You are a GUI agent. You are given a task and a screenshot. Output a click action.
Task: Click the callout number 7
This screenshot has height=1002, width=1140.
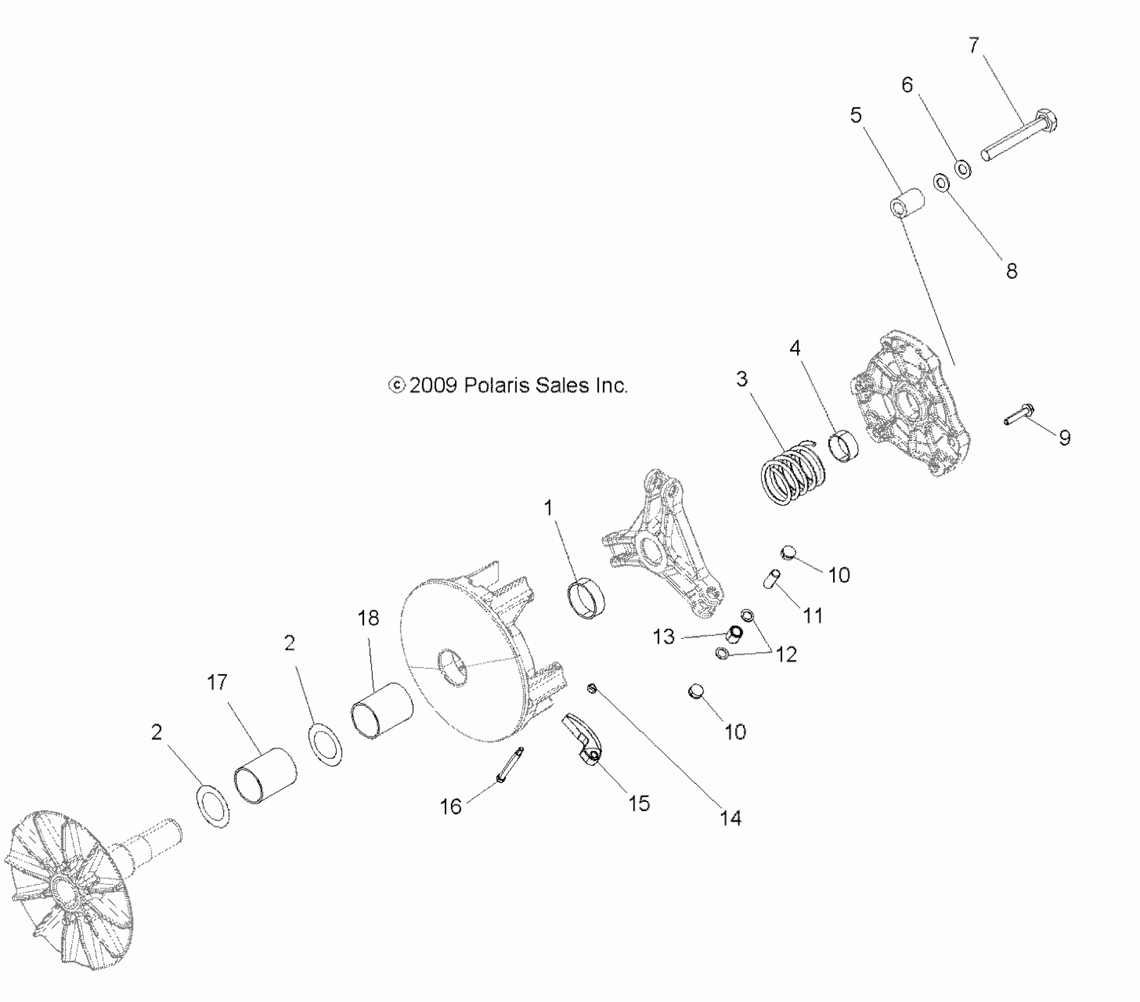pyautogui.click(x=973, y=45)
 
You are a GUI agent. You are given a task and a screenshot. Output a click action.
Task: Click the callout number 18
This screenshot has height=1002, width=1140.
pyautogui.click(x=368, y=618)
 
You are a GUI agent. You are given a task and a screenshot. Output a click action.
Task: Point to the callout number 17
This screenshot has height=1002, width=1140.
pyautogui.click(x=217, y=682)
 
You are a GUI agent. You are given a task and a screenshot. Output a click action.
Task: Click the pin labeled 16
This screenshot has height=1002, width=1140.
pyautogui.click(x=510, y=764)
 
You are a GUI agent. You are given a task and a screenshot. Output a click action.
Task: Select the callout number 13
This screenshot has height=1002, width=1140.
pyautogui.click(x=663, y=637)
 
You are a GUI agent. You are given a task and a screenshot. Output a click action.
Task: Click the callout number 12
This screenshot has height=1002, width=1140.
pyautogui.click(x=787, y=654)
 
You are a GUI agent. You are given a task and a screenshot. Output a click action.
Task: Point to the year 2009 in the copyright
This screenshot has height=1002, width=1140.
pyautogui.click(x=433, y=385)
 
